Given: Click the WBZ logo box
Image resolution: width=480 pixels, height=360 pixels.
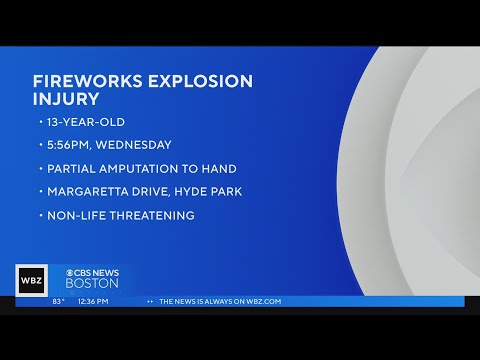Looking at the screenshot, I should click(31, 280).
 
